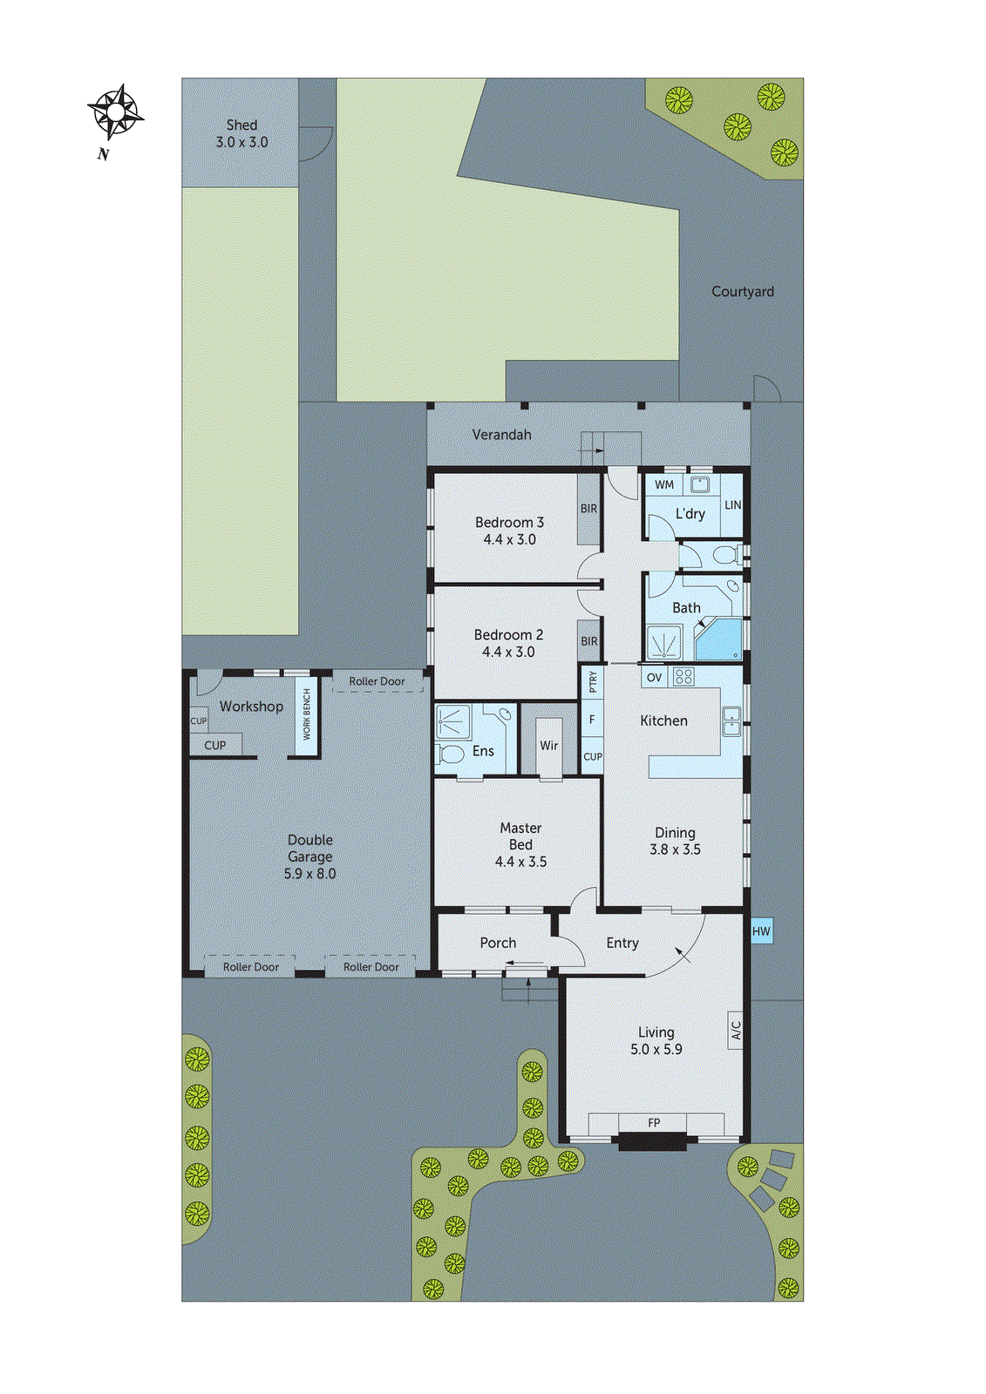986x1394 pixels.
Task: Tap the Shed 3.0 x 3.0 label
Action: (x=241, y=133)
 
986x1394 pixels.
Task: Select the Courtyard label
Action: (x=742, y=292)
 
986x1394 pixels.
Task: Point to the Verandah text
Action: (x=501, y=434)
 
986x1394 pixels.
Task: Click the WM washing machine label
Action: (x=664, y=484)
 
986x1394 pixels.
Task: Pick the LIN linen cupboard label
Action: (x=733, y=504)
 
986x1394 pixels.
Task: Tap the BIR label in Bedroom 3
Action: (x=589, y=509)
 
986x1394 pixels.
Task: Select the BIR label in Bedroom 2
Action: (x=589, y=641)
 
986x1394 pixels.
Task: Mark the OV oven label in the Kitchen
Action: (x=655, y=677)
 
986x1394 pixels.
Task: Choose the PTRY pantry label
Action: (x=593, y=681)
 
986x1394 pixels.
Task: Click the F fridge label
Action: (x=592, y=720)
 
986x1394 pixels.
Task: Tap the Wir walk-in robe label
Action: (x=548, y=746)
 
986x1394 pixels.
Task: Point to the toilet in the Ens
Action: (x=452, y=754)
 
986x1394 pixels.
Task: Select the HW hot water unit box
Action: (x=761, y=931)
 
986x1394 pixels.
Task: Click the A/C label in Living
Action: (x=736, y=1031)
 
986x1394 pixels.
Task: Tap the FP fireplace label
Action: (x=654, y=1123)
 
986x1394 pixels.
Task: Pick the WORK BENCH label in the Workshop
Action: (x=307, y=714)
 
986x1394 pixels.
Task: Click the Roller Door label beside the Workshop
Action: (x=377, y=681)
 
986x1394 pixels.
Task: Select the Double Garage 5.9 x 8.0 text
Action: (x=310, y=856)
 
